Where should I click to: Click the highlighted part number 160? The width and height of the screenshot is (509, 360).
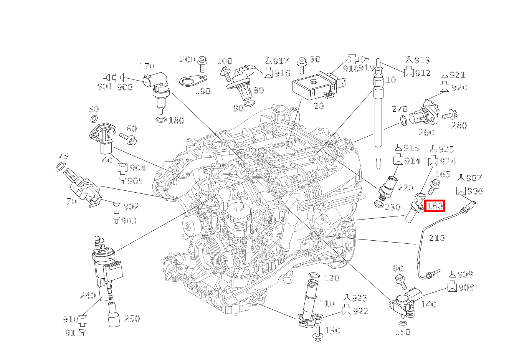click(435, 206)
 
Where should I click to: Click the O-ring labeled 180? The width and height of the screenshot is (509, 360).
click(161, 120)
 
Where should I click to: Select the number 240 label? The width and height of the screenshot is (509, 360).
click(88, 295)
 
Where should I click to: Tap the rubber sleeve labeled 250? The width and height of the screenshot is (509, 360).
click(114, 314)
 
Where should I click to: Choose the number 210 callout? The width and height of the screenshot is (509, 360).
click(436, 238)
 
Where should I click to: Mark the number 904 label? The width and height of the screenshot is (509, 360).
click(137, 168)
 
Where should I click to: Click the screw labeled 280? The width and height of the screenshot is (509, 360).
click(448, 115)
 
